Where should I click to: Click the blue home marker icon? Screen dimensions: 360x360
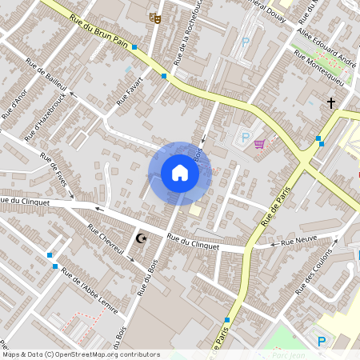pyautogui.click(x=180, y=173)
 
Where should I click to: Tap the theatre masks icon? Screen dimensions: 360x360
pyautogui.click(x=156, y=17)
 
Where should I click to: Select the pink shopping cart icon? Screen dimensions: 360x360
pyautogui.click(x=259, y=144)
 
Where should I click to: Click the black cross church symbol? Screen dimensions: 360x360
pyautogui.click(x=330, y=102)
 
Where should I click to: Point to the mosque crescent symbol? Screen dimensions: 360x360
pyautogui.click(x=142, y=238)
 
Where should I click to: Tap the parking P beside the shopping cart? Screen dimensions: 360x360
pyautogui.click(x=246, y=138)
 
